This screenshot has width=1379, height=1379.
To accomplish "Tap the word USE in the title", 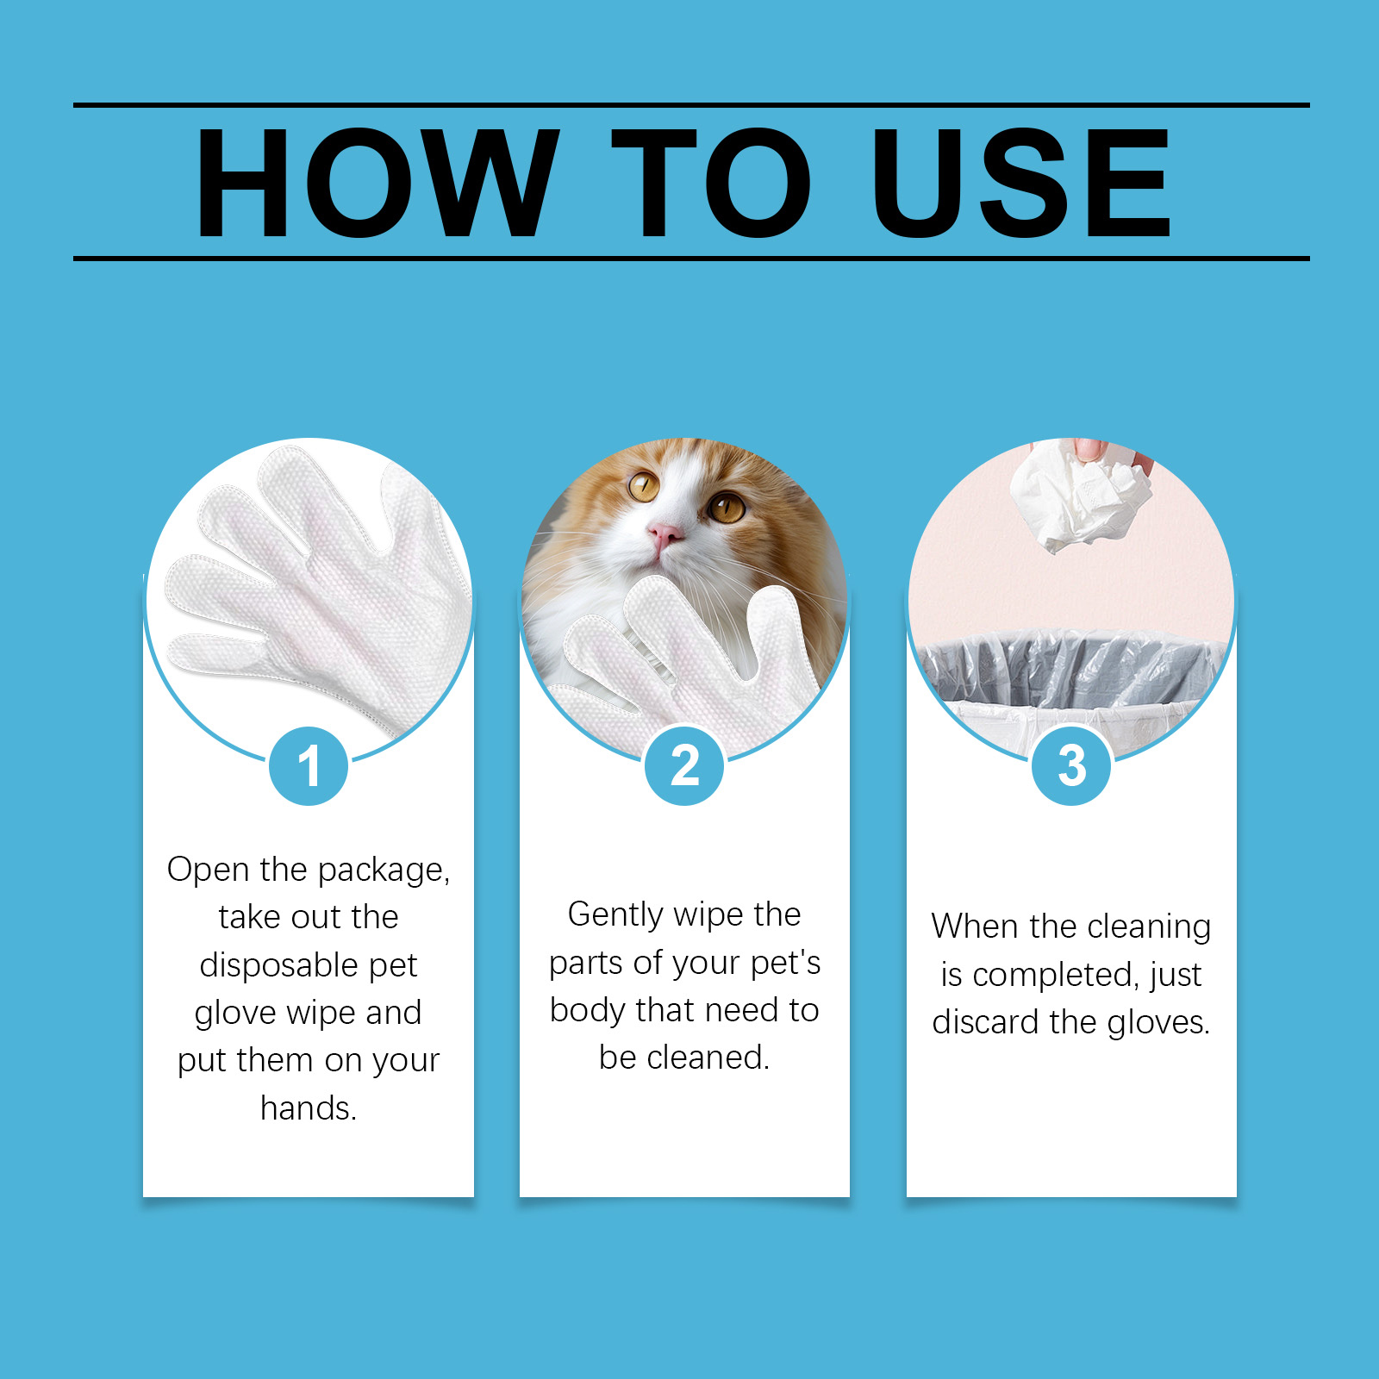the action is (1021, 182).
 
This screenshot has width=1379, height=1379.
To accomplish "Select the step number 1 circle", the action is (309, 765).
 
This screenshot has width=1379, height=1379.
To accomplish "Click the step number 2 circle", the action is (684, 765).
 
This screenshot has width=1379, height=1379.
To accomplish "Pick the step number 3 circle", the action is (1071, 765).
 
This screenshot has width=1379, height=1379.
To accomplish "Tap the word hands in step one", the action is (309, 1108).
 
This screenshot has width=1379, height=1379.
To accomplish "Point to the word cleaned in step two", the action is (708, 1058).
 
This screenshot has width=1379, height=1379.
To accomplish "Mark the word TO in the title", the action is (712, 182).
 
